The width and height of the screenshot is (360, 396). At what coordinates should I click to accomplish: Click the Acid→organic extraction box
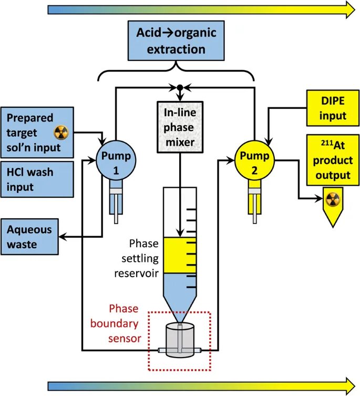[177, 41]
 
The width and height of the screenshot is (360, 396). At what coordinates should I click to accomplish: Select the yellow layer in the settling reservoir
[179, 256]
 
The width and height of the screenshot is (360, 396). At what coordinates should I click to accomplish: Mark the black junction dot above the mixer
[180, 86]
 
